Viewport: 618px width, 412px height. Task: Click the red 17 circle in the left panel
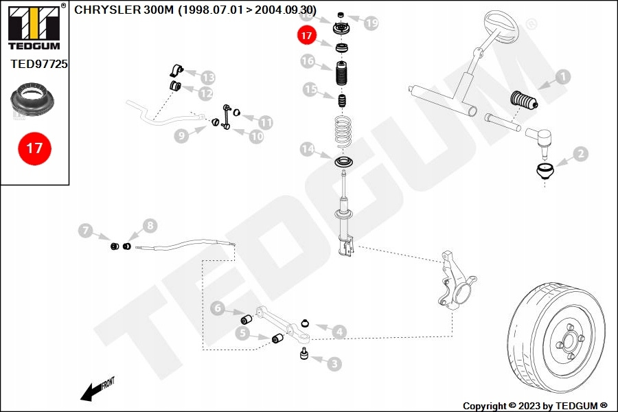click(x=35, y=148)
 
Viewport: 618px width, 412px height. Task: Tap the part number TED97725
click(x=39, y=64)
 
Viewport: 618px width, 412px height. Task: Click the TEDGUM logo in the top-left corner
click(x=34, y=27)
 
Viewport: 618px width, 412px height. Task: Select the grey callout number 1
click(x=563, y=76)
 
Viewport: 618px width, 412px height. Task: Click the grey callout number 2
click(x=580, y=154)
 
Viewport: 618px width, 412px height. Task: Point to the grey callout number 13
click(x=207, y=78)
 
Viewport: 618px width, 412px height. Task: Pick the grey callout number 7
click(x=86, y=230)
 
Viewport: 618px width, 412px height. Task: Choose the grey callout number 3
click(x=334, y=363)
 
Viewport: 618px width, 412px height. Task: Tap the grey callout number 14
click(x=308, y=149)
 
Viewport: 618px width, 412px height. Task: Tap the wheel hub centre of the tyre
click(x=569, y=341)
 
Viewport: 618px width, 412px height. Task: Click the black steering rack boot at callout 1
click(x=524, y=100)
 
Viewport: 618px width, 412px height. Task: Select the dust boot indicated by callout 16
click(x=342, y=73)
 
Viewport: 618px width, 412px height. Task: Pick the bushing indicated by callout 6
click(x=247, y=319)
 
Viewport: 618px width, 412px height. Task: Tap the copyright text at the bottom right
click(x=535, y=406)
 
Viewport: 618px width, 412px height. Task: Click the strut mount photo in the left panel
click(x=33, y=100)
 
